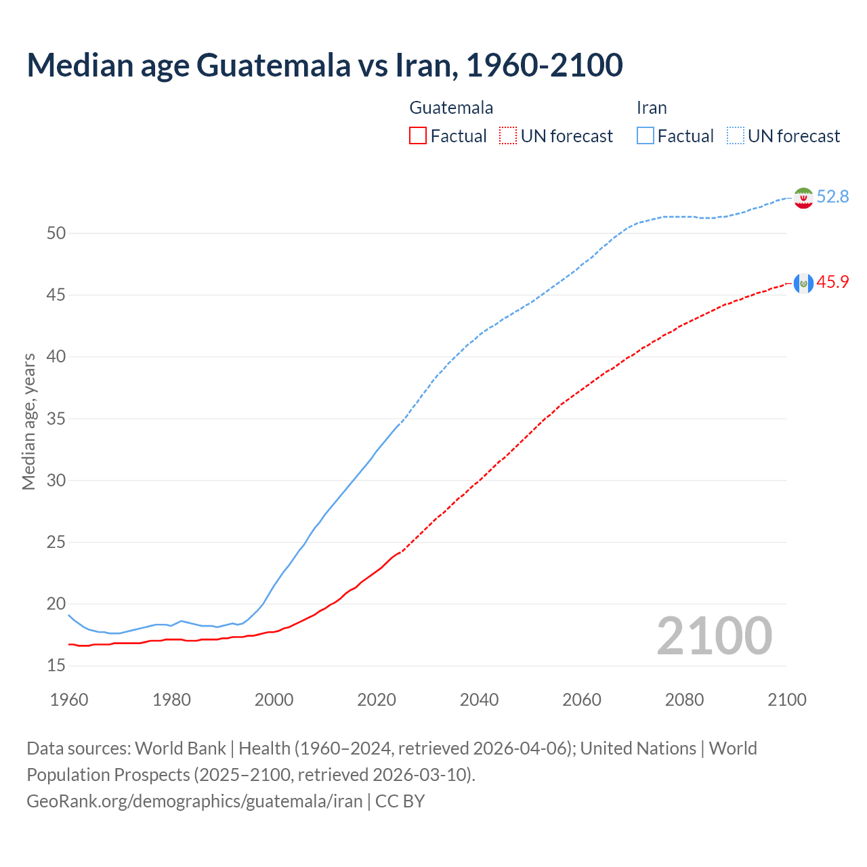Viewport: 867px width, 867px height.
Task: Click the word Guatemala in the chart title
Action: click(x=274, y=65)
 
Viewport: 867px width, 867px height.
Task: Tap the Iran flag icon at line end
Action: click(x=803, y=198)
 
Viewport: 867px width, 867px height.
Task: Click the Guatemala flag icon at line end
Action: click(x=803, y=283)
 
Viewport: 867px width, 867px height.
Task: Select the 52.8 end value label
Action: click(x=832, y=196)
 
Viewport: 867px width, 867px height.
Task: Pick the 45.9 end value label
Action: click(x=832, y=282)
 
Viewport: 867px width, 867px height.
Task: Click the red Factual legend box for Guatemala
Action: click(x=418, y=136)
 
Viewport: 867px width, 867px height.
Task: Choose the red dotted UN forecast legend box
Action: click(x=508, y=136)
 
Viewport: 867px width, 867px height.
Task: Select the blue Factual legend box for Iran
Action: click(x=646, y=136)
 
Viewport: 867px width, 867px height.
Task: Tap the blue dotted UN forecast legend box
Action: click(x=736, y=136)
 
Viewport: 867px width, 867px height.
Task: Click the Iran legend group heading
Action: click(x=652, y=108)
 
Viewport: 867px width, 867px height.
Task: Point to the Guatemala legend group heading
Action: click(x=451, y=108)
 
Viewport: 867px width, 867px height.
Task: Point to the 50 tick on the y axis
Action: click(x=56, y=233)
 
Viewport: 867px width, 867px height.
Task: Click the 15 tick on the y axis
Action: click(x=56, y=666)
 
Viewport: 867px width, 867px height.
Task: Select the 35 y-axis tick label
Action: click(x=56, y=419)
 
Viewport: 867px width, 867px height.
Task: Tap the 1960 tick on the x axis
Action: click(x=69, y=700)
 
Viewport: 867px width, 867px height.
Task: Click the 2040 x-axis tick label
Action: click(x=479, y=700)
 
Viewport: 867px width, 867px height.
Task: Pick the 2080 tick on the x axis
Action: click(x=684, y=700)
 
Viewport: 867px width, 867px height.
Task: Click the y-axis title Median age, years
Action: click(x=28, y=421)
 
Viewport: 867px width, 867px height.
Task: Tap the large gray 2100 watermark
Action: click(x=714, y=635)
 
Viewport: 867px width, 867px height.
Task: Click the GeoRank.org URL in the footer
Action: click(x=194, y=801)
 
